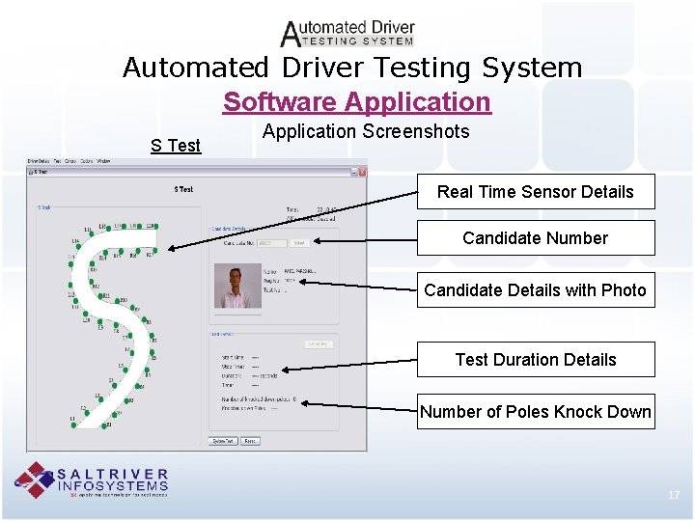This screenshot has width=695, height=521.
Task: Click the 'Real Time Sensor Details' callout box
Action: tap(535, 191)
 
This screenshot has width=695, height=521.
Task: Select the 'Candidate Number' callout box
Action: tap(535, 237)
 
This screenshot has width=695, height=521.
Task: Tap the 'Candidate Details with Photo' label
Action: tap(535, 289)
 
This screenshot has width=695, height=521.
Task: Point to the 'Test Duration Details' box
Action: tap(535, 359)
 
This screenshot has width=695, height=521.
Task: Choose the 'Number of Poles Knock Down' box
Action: tap(535, 411)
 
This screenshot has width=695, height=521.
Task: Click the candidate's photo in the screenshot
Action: tap(236, 287)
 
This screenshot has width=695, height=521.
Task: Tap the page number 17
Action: tap(674, 495)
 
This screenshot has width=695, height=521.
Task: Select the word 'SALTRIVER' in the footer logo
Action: tap(113, 474)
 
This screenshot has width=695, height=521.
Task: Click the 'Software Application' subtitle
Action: tap(357, 101)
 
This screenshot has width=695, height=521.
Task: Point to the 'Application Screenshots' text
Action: tap(366, 131)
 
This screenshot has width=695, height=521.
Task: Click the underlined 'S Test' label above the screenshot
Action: tap(176, 146)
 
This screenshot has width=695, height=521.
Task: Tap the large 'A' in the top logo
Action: tap(291, 35)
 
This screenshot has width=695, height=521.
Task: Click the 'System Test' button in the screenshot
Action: tap(223, 441)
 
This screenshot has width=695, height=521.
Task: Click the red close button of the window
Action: tap(362, 174)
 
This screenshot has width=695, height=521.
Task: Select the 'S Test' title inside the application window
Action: tap(183, 189)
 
